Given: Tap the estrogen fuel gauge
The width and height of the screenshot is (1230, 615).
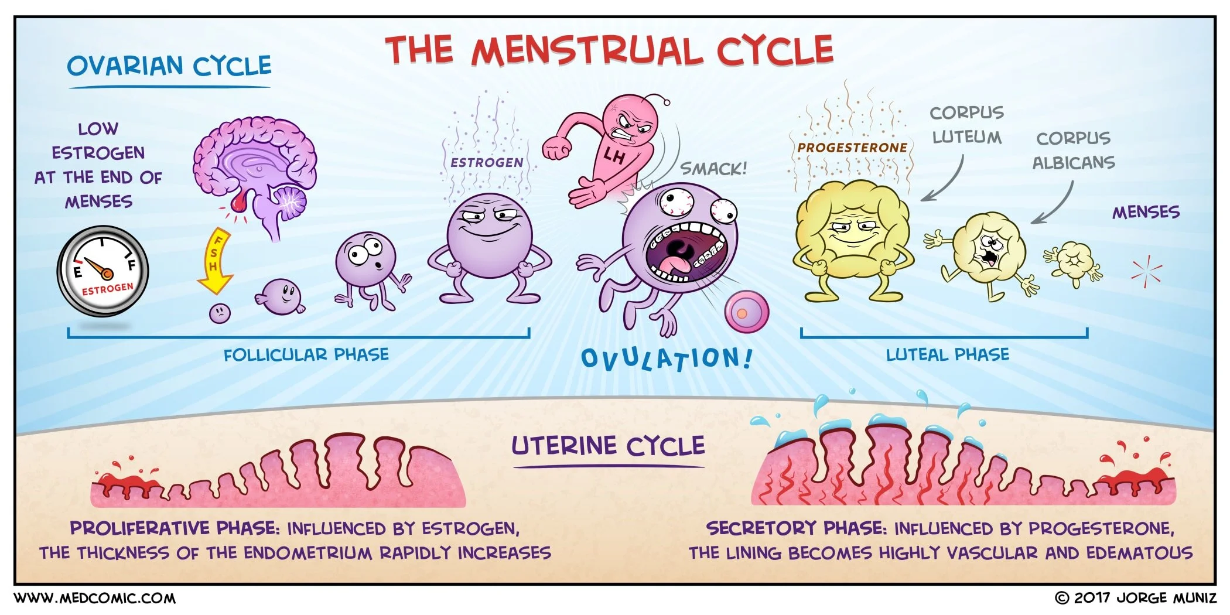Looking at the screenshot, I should coord(102,271).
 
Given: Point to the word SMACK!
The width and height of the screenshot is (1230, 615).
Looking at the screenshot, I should coord(713,169).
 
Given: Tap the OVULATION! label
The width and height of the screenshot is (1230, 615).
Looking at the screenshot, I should coord(666,358).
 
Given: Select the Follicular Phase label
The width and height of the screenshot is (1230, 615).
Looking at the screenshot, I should coord(306,355).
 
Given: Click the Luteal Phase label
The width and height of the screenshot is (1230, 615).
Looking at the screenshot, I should coord(947,355).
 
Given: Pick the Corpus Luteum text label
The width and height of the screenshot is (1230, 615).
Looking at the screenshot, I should coord(966,125).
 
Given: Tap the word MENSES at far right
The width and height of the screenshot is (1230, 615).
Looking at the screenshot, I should coord(1146,212).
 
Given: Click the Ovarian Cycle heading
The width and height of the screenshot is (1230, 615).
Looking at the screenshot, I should coord(169,66).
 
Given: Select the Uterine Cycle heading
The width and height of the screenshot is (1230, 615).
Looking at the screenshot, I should coord(608,446).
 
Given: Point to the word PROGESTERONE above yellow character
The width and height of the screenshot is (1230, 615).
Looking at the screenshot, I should coord(852,148).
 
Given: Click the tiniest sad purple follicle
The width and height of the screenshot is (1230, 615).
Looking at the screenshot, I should coord(220,312).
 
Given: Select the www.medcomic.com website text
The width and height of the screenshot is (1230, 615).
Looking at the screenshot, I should coord(94,598).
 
